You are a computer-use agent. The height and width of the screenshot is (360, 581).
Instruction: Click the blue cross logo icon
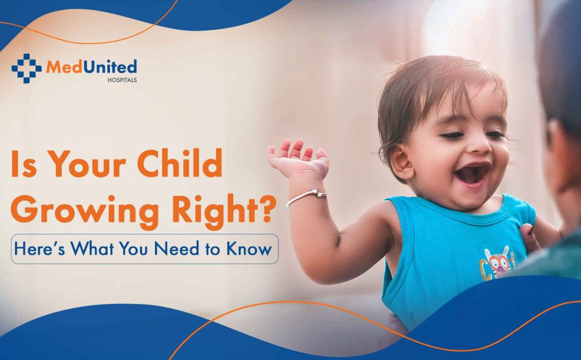(26, 69)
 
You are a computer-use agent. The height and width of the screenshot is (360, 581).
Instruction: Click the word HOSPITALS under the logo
(122, 80)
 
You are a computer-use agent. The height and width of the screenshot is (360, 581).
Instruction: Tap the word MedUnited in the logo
(91, 67)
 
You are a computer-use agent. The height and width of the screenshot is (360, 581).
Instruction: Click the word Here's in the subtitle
(40, 248)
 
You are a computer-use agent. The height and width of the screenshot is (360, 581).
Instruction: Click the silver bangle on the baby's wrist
(307, 197)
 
